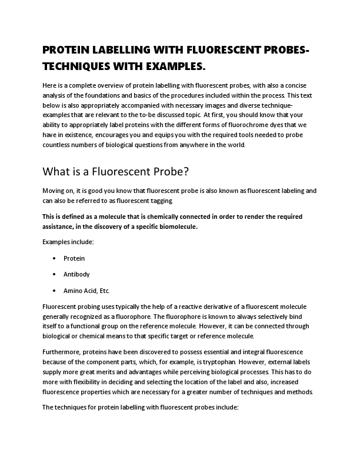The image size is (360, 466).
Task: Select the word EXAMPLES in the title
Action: tap(174, 65)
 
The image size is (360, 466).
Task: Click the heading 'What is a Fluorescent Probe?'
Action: tap(117, 172)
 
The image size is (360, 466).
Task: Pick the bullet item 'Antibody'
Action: tap(76, 274)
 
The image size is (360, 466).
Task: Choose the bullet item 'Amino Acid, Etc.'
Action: tap(86, 290)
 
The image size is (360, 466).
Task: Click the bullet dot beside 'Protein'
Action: tap(54, 258)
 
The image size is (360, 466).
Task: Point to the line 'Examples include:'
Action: tap(68, 242)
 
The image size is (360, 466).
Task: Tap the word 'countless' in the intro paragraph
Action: tap(58, 145)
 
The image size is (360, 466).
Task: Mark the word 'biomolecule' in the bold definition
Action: tap(197, 226)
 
